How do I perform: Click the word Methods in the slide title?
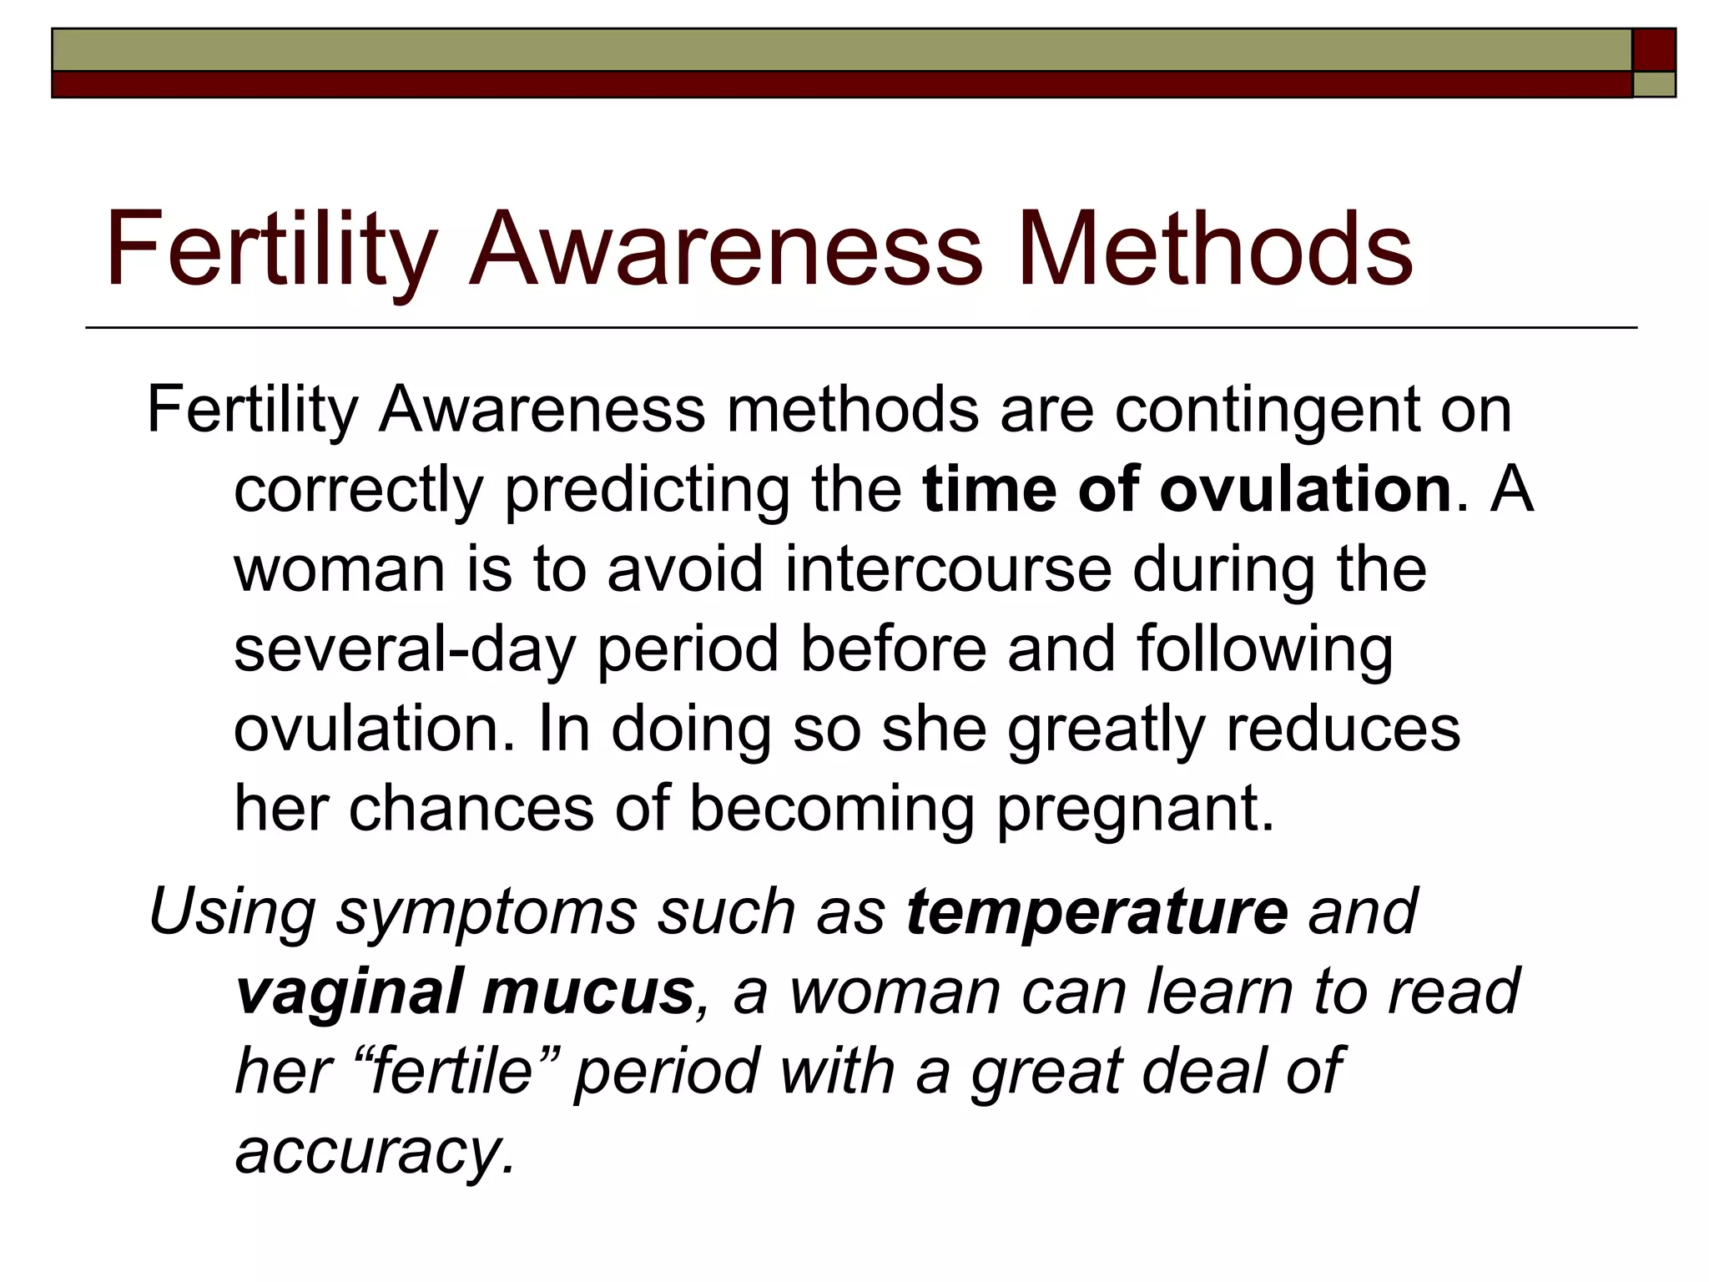tap(1214, 249)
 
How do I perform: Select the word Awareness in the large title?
tap(726, 249)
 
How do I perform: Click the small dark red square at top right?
tap(1654, 50)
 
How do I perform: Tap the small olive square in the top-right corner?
tap(1654, 84)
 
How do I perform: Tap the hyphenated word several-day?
tap(404, 649)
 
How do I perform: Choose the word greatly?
tap(1106, 729)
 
